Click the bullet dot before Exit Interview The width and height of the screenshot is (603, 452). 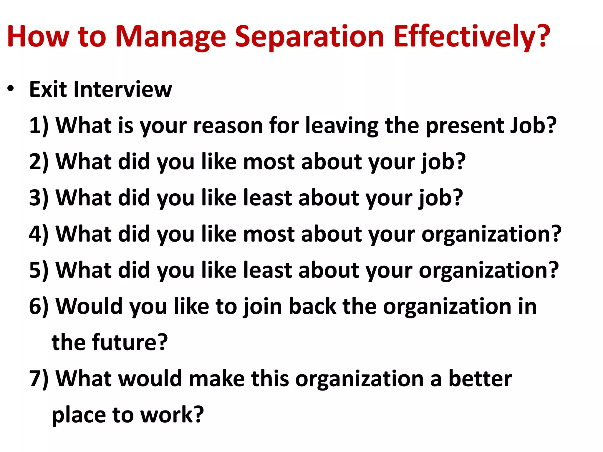[11, 89]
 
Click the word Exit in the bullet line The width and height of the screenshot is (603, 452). [48, 89]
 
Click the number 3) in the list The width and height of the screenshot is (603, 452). [39, 198]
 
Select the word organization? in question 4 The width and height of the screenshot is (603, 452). [491, 234]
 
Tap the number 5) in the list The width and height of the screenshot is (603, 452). [39, 270]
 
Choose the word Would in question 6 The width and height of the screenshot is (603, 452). [89, 306]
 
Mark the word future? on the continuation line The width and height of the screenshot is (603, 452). [130, 343]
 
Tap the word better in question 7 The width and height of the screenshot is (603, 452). [480, 379]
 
